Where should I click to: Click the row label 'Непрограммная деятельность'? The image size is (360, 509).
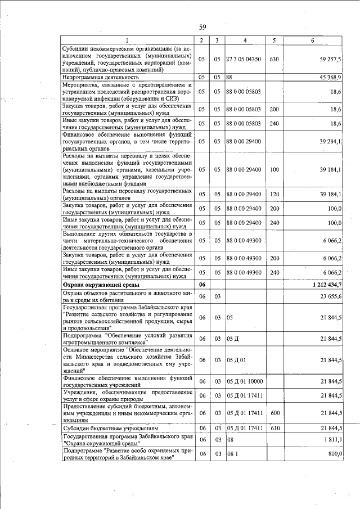[x=101, y=76]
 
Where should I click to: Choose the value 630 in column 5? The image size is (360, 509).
[x=274, y=58]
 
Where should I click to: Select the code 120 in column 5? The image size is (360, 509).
[x=274, y=195]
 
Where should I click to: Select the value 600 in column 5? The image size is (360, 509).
[x=274, y=413]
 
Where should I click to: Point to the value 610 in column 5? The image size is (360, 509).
[x=274, y=429]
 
